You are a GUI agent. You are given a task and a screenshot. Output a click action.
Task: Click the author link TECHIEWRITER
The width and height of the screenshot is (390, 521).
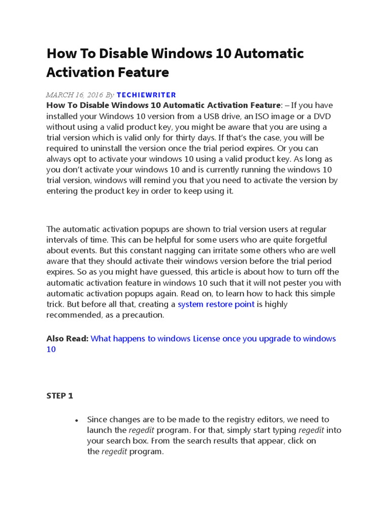pyautogui.click(x=146, y=95)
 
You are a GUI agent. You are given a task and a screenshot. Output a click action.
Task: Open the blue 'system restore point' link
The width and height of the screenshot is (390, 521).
pyautogui.click(x=216, y=304)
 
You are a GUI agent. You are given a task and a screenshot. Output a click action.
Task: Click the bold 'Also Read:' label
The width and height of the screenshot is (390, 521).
pyautogui.click(x=67, y=338)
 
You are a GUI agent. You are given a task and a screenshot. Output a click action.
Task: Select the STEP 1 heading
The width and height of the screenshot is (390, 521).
pyautogui.click(x=60, y=395)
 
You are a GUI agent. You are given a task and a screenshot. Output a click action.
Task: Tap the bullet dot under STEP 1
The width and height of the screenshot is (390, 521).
pyautogui.click(x=76, y=421)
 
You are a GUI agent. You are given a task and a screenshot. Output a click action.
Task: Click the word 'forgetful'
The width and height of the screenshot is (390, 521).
pyautogui.click(x=308, y=240)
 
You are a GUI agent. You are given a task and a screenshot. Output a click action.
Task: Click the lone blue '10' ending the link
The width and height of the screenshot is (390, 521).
pyautogui.click(x=51, y=350)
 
